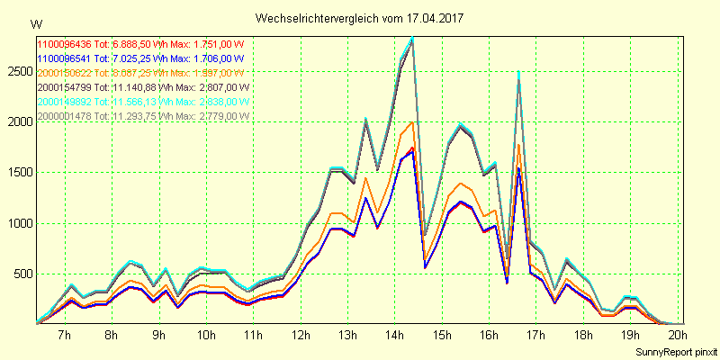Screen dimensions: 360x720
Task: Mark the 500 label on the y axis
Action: coord(22,274)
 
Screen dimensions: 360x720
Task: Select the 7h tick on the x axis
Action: coord(64,336)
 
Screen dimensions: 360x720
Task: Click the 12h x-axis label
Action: coord(300,336)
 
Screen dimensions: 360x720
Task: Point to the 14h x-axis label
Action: coord(394,336)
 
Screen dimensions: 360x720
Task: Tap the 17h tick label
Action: coord(535,336)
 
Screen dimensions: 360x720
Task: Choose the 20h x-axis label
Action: coord(677,336)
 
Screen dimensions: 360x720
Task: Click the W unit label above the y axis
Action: coord(35,23)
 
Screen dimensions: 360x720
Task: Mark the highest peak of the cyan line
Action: coord(412,38)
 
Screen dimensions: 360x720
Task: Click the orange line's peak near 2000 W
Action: coord(411,122)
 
